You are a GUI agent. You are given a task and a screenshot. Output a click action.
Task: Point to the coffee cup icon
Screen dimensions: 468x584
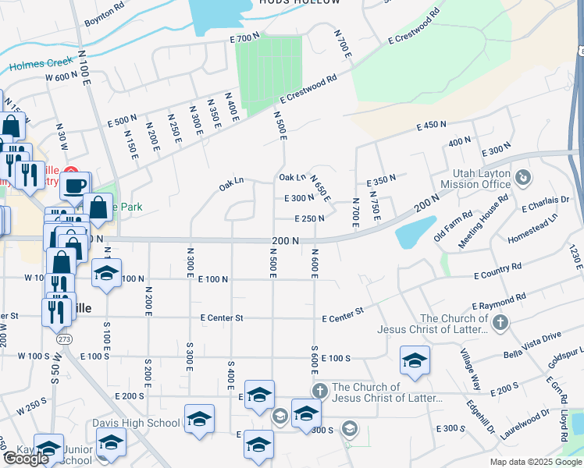(75, 186)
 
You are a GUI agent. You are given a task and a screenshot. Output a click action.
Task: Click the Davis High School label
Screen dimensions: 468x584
(148, 424)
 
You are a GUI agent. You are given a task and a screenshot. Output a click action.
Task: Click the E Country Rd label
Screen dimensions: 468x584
(497, 272)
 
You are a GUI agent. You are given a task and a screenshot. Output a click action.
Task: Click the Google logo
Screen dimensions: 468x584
(26, 459)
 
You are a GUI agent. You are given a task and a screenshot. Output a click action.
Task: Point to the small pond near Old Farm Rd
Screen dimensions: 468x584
(415, 231)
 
